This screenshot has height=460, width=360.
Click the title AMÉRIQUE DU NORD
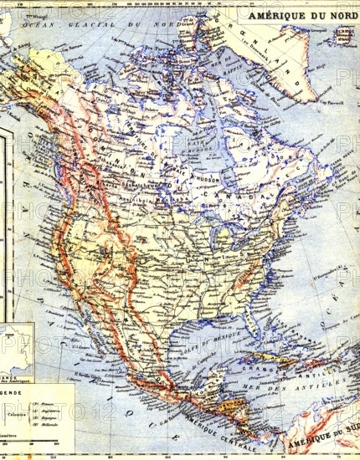[x=301, y=13]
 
